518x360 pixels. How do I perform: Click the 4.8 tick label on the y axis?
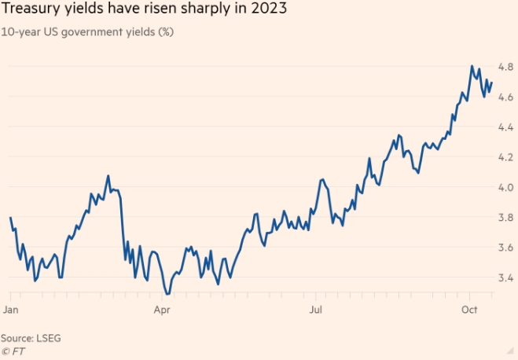click(506, 66)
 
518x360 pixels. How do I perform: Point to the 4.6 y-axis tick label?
click(506, 97)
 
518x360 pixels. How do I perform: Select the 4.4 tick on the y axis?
click(506, 127)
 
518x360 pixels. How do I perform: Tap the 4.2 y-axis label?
click(506, 157)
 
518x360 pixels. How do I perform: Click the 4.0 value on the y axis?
click(506, 187)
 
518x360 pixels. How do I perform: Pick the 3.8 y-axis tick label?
click(506, 218)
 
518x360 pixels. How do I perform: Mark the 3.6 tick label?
click(506, 248)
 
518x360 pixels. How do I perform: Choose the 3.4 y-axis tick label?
click(506, 278)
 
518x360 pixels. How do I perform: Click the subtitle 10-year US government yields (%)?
click(88, 33)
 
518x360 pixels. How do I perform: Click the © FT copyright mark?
click(11, 351)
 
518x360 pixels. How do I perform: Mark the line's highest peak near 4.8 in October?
click(472, 66)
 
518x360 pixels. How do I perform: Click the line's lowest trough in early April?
click(167, 294)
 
